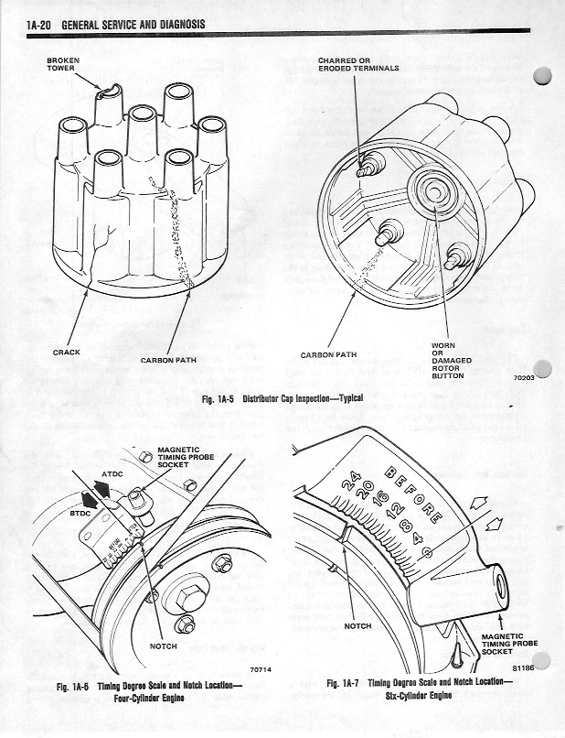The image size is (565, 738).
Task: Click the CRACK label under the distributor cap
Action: [67, 352]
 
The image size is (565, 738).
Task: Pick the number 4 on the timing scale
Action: [418, 539]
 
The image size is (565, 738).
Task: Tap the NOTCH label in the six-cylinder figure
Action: [357, 626]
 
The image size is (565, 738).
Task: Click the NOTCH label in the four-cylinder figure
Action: [163, 646]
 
